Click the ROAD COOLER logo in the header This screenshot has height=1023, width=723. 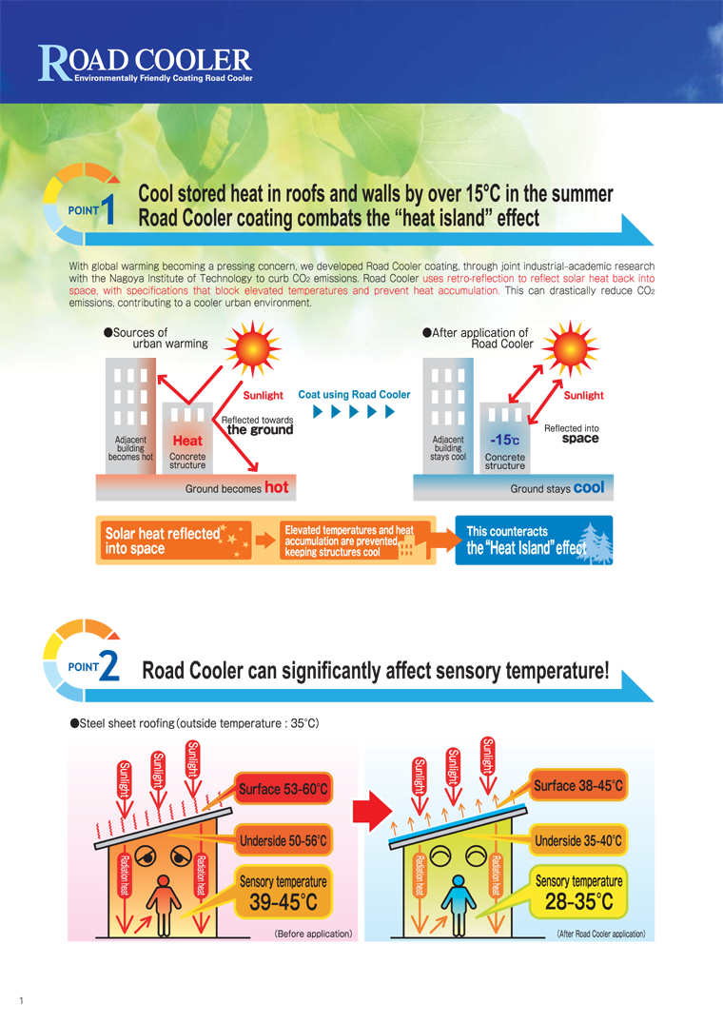(145, 64)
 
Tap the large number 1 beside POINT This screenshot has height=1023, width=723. (108, 209)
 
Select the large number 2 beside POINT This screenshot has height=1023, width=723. (109, 666)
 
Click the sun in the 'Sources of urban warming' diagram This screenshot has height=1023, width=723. (252, 348)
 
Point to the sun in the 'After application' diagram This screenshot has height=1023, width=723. (571, 348)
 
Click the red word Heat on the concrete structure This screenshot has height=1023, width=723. (187, 441)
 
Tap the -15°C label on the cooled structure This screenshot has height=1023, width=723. (505, 441)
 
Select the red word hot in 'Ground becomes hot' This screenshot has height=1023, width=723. (277, 487)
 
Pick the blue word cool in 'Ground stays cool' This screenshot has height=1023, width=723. (590, 487)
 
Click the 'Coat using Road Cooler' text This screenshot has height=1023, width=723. (354, 395)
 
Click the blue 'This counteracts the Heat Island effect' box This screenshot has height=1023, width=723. (534, 541)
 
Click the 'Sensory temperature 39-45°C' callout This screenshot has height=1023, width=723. (283, 893)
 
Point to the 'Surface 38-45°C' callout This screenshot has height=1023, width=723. (578, 786)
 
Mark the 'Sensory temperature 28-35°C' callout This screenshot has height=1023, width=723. (579, 892)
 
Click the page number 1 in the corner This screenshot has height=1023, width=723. (22, 1000)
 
